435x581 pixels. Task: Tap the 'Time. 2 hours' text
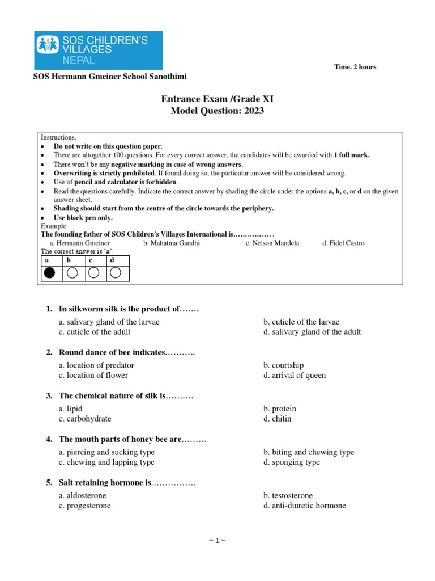click(x=355, y=67)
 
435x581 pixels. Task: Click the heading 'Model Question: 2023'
click(x=217, y=111)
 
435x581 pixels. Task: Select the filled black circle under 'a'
click(x=50, y=273)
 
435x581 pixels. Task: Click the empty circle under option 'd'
click(x=115, y=273)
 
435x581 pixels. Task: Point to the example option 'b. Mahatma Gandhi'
click(x=172, y=243)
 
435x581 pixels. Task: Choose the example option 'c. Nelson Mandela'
click(x=272, y=243)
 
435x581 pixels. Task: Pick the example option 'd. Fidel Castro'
click(x=343, y=243)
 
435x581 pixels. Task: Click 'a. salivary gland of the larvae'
click(x=109, y=322)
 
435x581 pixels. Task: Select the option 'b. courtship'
click(x=284, y=365)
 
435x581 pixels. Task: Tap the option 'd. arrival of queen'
click(x=295, y=375)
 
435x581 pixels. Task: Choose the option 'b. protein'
click(x=280, y=409)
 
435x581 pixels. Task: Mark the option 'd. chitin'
click(x=278, y=419)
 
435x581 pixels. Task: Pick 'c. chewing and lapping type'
click(x=106, y=462)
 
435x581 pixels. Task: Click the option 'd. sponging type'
click(x=292, y=462)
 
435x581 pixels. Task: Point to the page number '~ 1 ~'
click(x=217, y=541)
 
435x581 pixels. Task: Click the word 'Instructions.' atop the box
click(x=58, y=138)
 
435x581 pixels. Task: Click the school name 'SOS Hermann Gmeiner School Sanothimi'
click(x=110, y=77)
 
